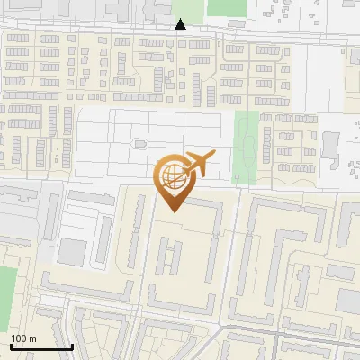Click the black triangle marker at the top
point(181,24)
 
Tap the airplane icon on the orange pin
point(198,165)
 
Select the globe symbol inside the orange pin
point(172,179)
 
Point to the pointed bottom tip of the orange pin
point(172,212)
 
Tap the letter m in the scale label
point(32,338)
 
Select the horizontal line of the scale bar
point(41,346)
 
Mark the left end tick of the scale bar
point(12,345)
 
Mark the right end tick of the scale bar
point(72,345)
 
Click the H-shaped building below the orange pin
point(168,257)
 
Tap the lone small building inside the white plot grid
point(139,143)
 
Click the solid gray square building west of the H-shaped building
point(74,251)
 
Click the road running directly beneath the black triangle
point(181,35)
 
